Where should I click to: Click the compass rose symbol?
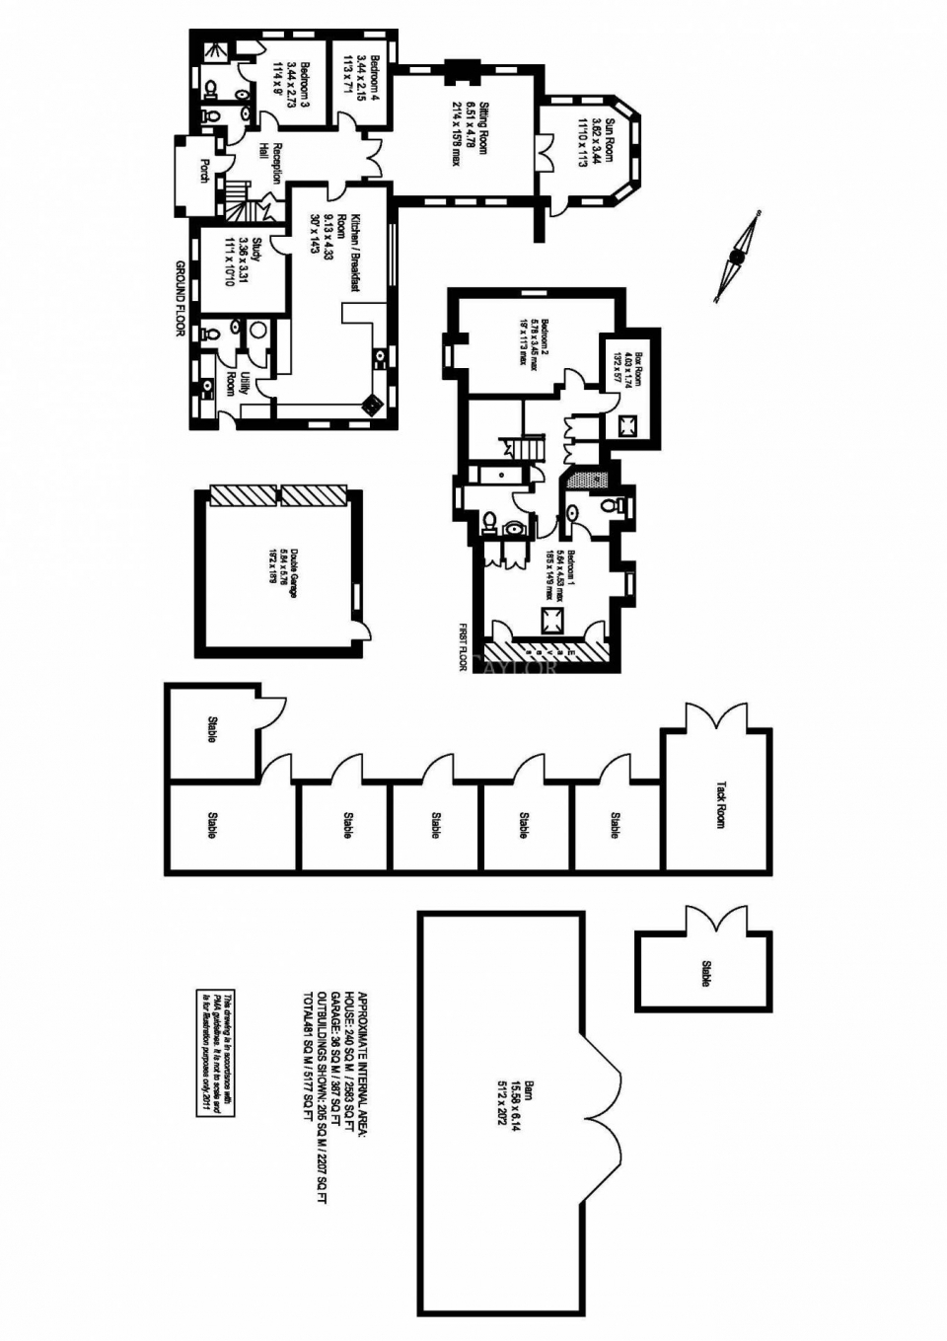(736, 257)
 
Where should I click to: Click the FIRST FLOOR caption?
(461, 647)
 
